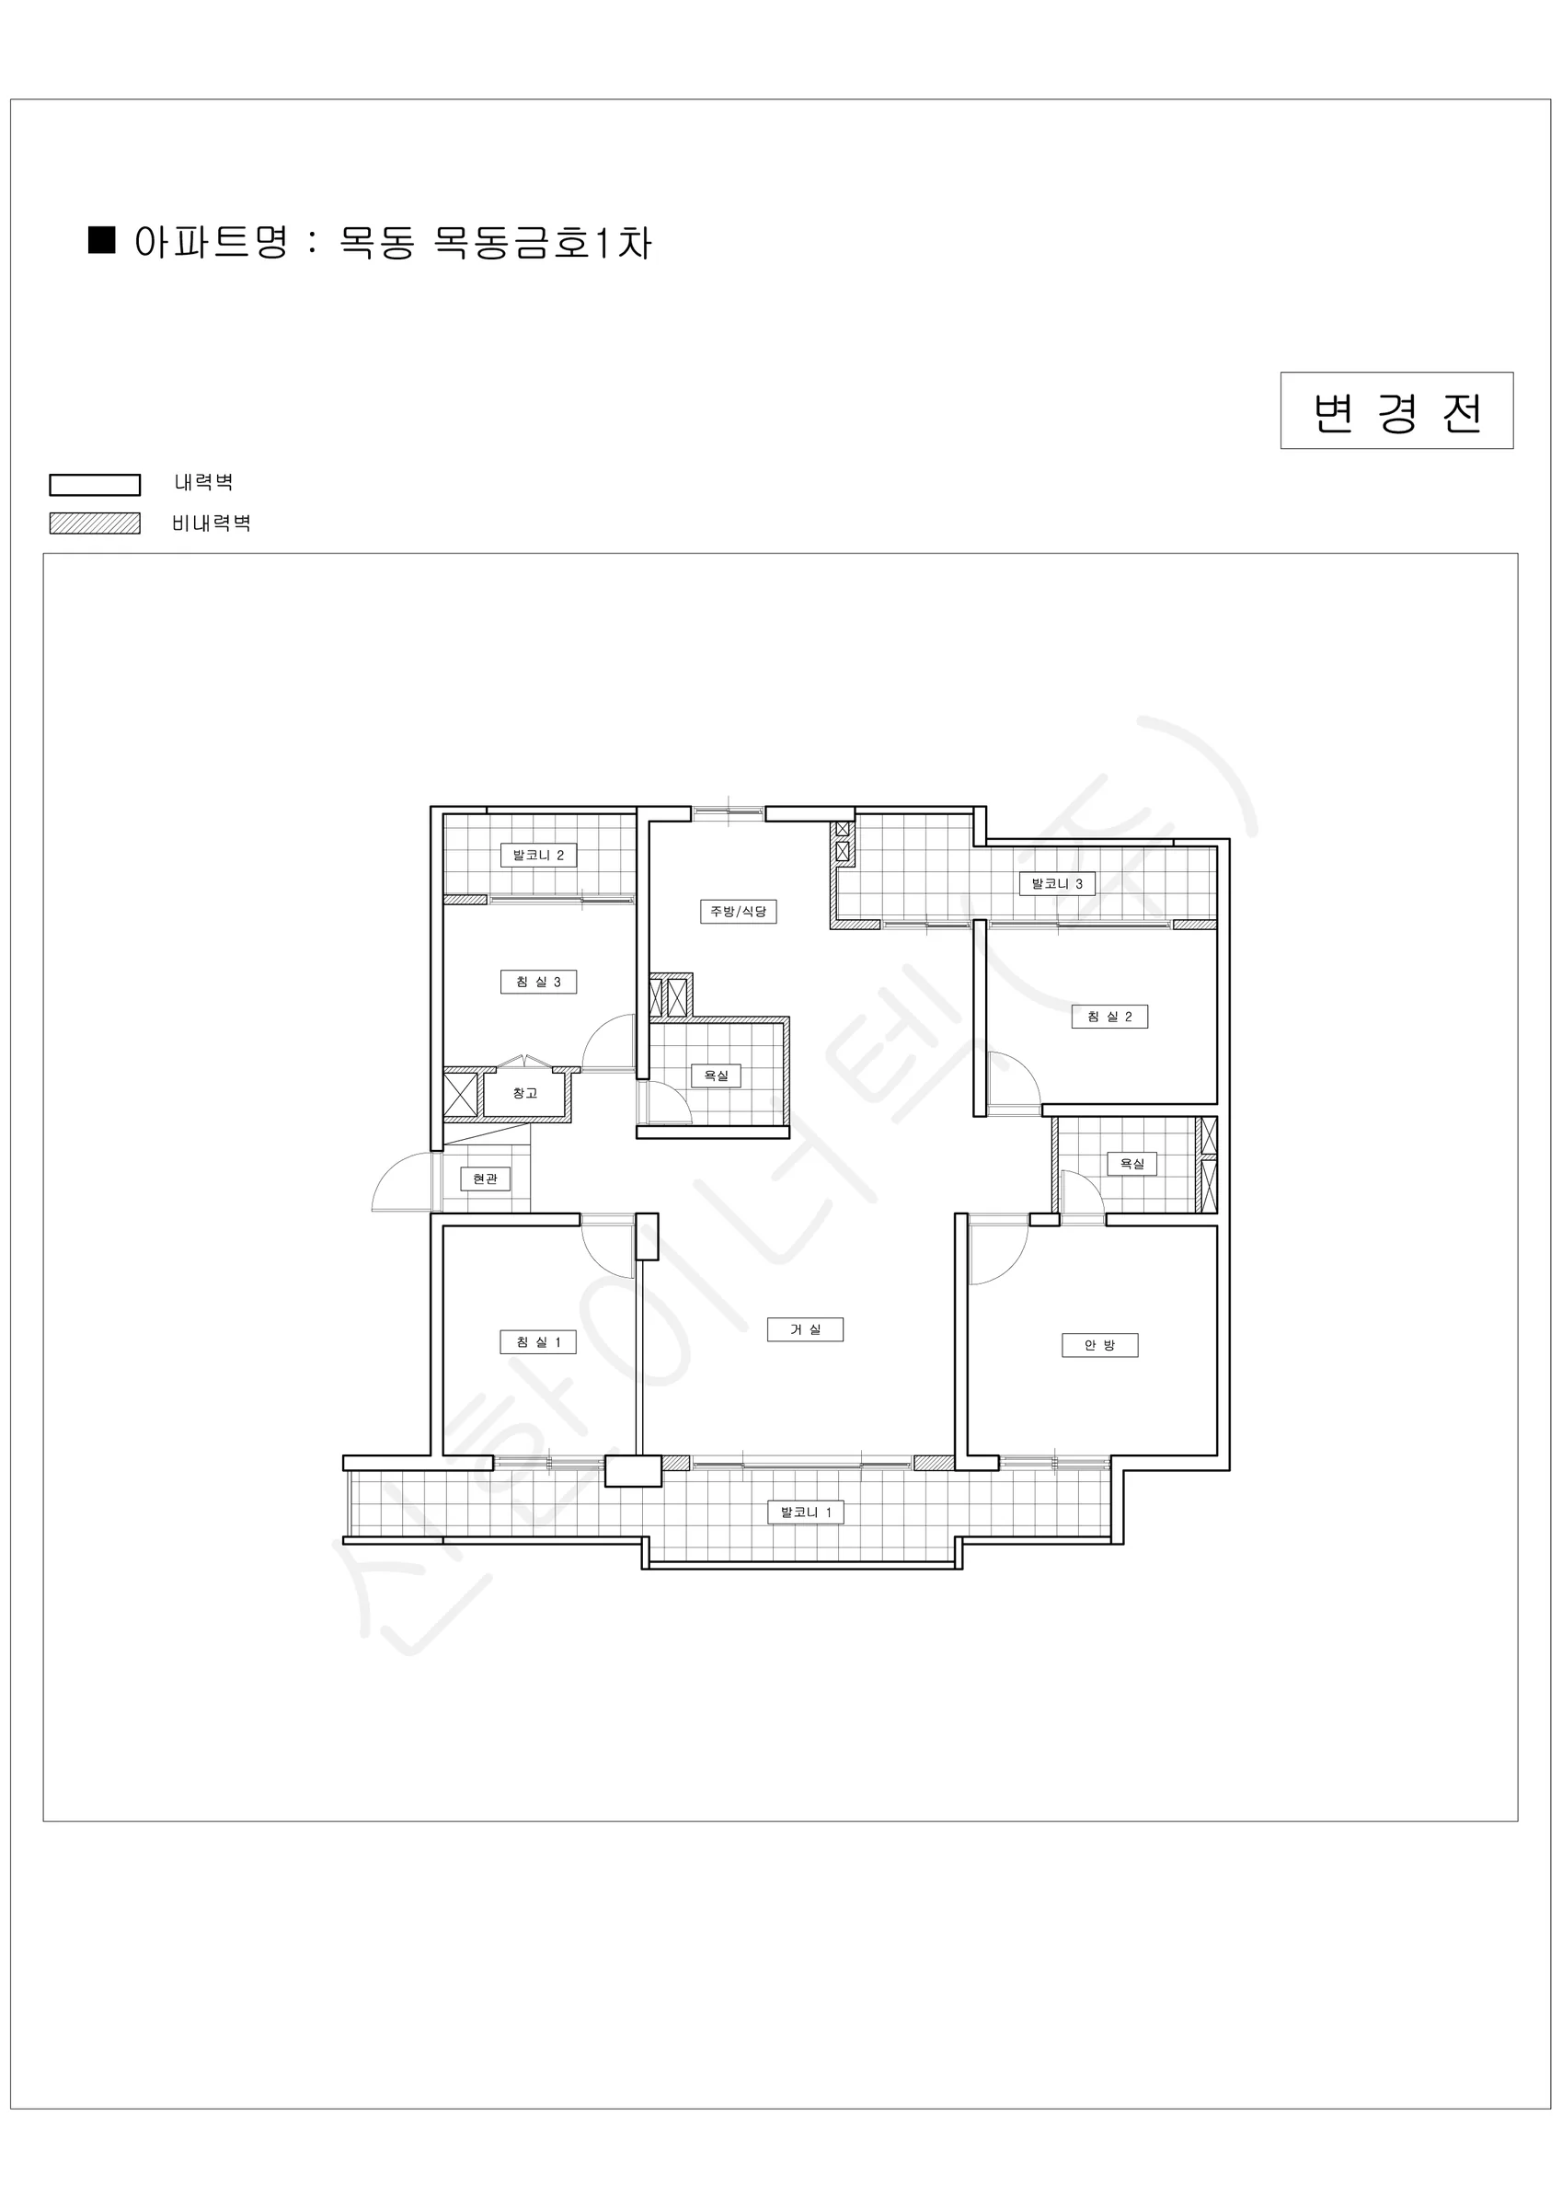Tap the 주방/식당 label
point(738,911)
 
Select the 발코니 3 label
point(1057,883)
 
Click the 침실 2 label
point(1110,1016)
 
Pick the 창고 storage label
point(524,1092)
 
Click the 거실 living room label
point(805,1329)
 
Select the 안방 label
point(1099,1344)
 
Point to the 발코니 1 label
point(805,1512)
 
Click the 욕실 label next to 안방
point(1132,1163)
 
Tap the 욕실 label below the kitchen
point(717,1075)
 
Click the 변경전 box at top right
point(1396,410)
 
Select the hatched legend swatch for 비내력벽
point(96,523)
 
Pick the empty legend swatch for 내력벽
point(96,485)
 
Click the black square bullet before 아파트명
point(102,239)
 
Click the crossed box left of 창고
point(461,1095)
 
